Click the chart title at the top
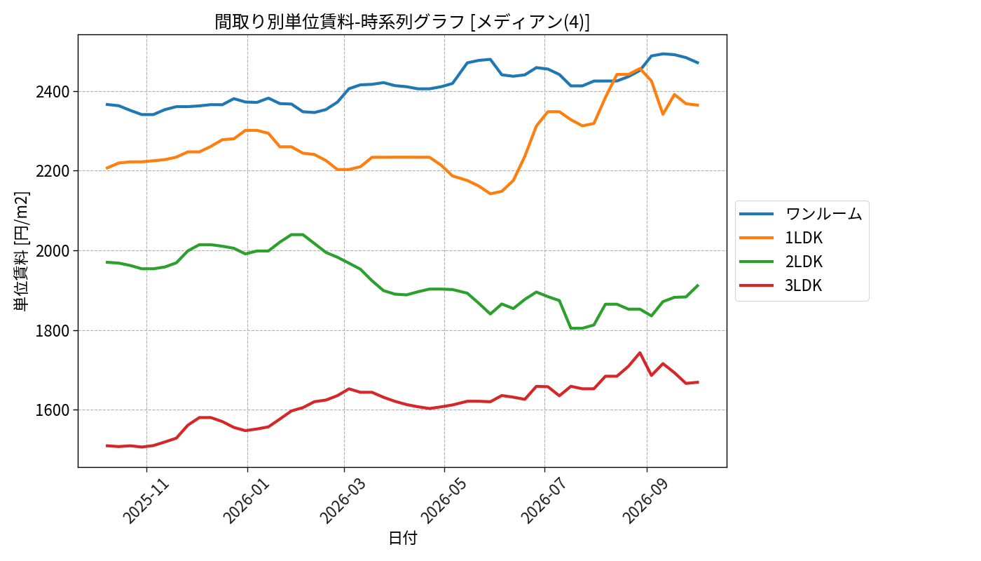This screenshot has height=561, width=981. (402, 22)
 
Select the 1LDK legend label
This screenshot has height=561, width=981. (804, 238)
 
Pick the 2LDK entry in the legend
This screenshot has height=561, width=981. (804, 262)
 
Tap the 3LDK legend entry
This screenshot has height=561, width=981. (803, 285)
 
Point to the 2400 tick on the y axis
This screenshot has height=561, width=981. (53, 92)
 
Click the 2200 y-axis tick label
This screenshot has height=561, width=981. (53, 171)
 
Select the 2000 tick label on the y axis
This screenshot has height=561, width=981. (53, 251)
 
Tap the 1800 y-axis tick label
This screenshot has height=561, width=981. (53, 331)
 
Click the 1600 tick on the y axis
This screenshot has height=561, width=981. (53, 410)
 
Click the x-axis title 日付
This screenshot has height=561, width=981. (403, 539)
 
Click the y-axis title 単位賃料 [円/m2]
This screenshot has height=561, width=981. (21, 251)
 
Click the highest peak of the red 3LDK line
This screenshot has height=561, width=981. (640, 352)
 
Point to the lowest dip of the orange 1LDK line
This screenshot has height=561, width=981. (490, 194)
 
